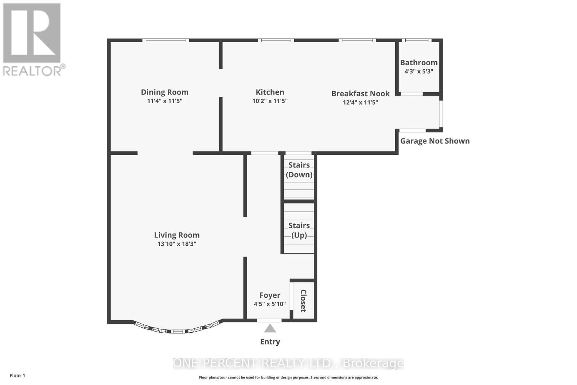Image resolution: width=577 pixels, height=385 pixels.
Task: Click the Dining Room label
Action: (164, 92)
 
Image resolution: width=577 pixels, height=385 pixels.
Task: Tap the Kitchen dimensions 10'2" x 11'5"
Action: (270, 101)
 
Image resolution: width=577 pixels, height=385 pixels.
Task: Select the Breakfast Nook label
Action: (360, 94)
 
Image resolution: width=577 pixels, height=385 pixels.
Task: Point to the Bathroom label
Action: (419, 63)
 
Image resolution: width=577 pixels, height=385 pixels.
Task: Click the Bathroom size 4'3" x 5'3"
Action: (419, 71)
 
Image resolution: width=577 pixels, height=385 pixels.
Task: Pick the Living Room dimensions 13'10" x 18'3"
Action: (177, 244)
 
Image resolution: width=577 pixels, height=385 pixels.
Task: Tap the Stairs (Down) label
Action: (299, 170)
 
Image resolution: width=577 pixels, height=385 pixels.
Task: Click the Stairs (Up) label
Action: (299, 230)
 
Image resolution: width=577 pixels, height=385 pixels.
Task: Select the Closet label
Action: (303, 301)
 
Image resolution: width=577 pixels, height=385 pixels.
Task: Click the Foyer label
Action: (270, 295)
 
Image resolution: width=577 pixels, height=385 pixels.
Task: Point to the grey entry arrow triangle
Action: (270, 328)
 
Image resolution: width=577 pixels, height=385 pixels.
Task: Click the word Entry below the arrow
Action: (270, 342)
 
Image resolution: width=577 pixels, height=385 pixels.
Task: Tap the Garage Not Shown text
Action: (435, 141)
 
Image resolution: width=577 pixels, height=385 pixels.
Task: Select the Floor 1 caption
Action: (17, 376)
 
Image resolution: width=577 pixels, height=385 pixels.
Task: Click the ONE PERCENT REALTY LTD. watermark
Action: (288, 363)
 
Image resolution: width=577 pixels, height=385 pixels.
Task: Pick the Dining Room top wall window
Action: (166, 40)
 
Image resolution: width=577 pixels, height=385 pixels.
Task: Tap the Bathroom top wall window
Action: (417, 40)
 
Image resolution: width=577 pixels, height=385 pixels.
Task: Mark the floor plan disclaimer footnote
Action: (288, 377)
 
